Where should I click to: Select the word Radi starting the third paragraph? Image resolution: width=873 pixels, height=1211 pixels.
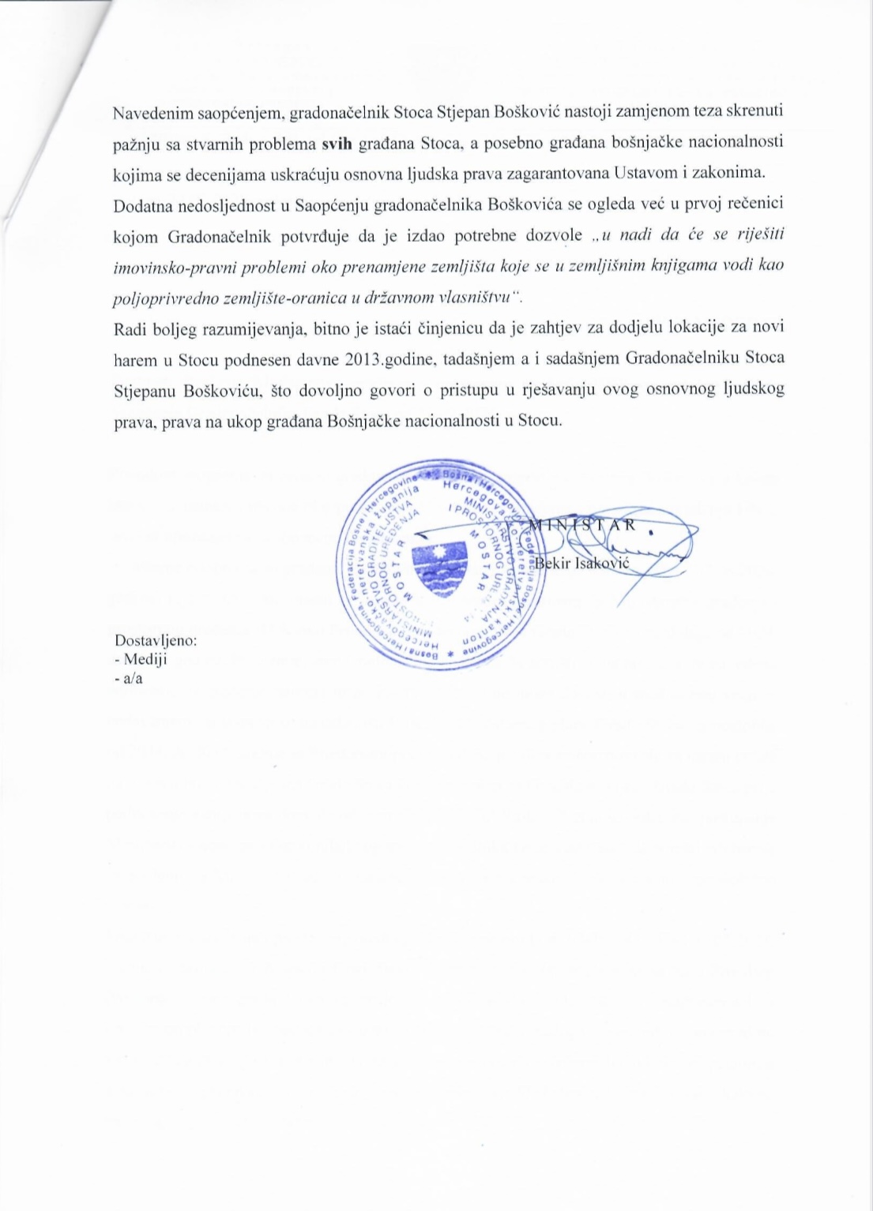[128, 328]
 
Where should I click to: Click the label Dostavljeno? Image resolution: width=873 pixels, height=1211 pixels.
[156, 640]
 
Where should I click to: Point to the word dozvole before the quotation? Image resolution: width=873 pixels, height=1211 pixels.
[555, 236]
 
